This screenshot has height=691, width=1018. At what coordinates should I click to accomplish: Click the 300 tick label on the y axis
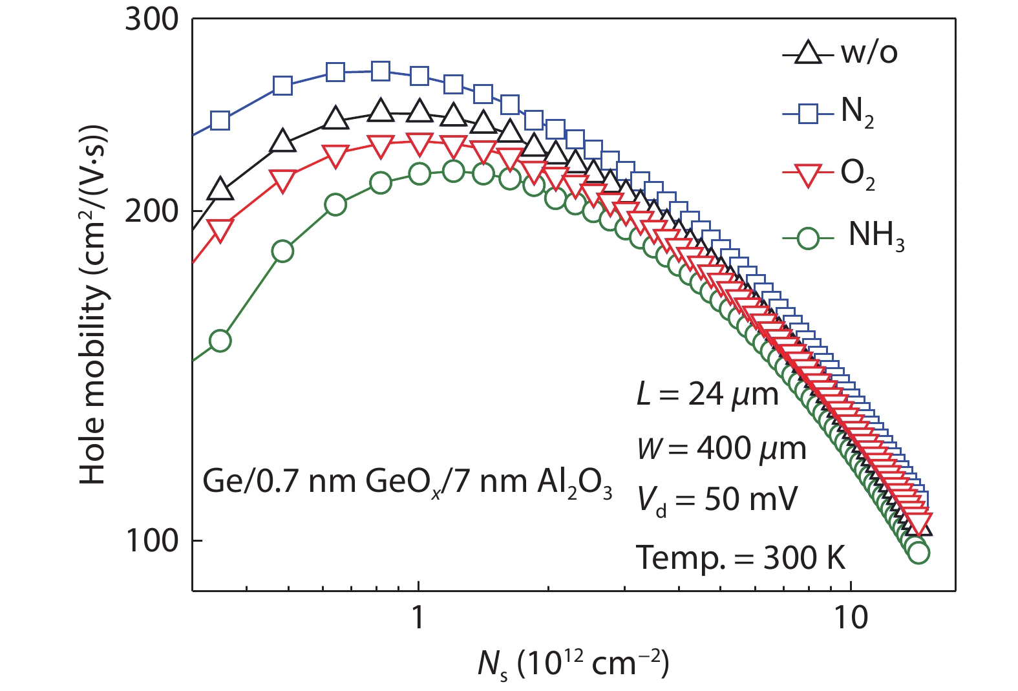(x=152, y=20)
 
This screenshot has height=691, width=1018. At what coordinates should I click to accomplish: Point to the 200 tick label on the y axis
(x=152, y=211)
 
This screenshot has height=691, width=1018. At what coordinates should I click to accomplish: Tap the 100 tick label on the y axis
(x=152, y=540)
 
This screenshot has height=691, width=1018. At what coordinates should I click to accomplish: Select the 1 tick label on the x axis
(x=418, y=618)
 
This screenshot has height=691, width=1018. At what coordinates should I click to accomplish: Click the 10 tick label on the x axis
(x=851, y=618)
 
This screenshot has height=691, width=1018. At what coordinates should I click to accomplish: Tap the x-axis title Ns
(x=573, y=663)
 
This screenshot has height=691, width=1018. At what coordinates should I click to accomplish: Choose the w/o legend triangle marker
(x=806, y=53)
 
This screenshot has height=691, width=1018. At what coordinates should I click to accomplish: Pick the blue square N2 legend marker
(x=806, y=114)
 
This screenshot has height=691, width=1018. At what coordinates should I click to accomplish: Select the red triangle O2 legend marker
(x=806, y=175)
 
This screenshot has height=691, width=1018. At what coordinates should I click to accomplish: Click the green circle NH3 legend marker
(x=806, y=239)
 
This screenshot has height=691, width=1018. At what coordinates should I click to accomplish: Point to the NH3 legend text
(x=876, y=235)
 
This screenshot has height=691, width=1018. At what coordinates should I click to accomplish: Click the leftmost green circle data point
(x=220, y=341)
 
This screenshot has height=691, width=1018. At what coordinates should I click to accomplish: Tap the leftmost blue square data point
(x=220, y=121)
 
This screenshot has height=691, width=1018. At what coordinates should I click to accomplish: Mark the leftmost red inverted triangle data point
(x=220, y=230)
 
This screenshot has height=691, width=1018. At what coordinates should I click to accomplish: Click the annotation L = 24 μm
(x=707, y=394)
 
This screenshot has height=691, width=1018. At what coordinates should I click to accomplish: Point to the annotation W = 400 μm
(x=721, y=448)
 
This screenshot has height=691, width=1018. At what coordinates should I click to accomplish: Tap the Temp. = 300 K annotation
(x=741, y=557)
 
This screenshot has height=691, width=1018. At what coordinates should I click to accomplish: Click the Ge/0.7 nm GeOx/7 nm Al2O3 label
(x=407, y=482)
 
